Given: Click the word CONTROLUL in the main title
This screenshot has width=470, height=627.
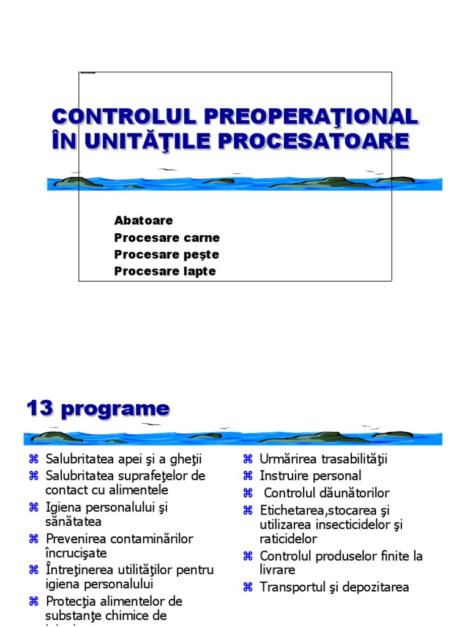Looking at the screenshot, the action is coord(124,117).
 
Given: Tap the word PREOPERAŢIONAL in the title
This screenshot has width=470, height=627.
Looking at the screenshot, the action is coord(311,118).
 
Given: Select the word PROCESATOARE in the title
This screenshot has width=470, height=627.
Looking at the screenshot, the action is coord(314,141).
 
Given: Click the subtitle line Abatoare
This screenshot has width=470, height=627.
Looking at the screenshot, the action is coord(143,220).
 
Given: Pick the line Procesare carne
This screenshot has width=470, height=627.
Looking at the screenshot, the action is coord(167,238).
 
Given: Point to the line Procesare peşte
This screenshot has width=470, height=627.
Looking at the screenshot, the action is coord(166,255).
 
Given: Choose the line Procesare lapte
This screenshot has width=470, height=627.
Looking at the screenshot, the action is coord(165,271).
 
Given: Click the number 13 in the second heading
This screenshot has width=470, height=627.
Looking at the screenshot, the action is coord(40,408).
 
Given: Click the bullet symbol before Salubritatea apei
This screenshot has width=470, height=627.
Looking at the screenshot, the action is coord(34,459).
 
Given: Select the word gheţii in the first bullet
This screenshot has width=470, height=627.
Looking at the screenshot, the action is coord(186,459).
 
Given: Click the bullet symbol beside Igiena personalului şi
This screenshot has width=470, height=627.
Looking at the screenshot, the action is coord(34,508).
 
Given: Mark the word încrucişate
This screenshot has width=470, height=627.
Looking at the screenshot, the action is coord(76,554).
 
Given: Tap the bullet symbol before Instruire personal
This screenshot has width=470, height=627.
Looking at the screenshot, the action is coord(248,476).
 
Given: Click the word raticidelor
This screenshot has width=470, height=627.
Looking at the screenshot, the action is coord(288,539).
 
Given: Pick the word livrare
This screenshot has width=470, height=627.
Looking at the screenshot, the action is coord(277,570).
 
